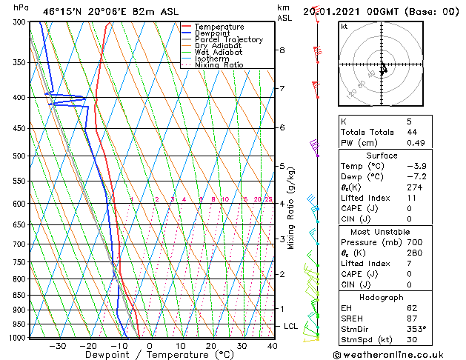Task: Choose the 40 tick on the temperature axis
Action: (x=272, y=346)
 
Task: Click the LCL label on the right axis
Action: (x=291, y=326)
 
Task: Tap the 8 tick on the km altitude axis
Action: (x=282, y=50)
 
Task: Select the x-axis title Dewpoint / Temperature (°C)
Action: (x=145, y=356)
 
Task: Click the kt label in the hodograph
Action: (x=344, y=27)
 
